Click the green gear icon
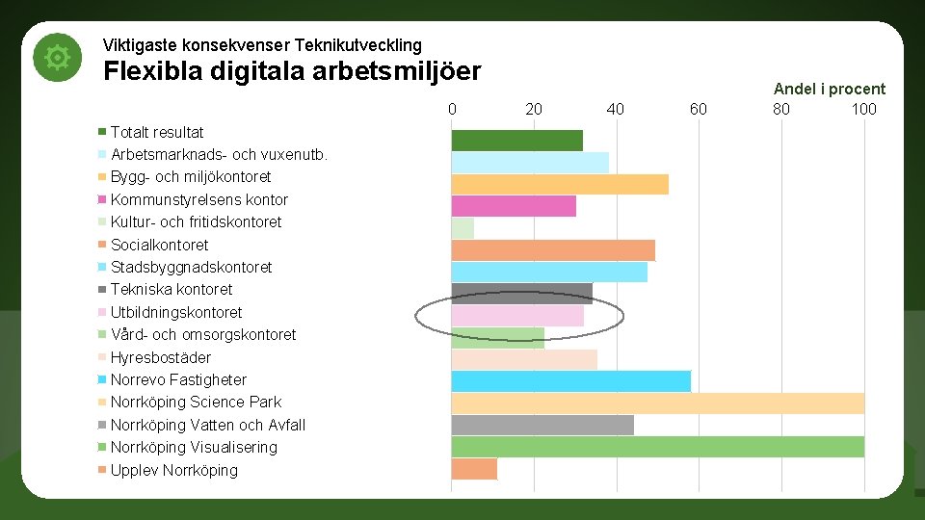coord(57,59)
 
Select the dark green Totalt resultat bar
coord(516,141)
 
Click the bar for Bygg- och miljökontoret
coord(560,184)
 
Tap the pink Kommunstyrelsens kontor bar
coord(514,206)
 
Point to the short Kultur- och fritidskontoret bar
coord(462,228)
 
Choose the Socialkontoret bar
coord(553,250)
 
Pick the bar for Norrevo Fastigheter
coord(570,380)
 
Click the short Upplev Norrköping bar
coord(474,469)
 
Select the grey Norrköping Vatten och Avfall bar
coord(542,425)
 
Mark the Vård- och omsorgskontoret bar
coord(497,337)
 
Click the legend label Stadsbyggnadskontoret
coord(191,267)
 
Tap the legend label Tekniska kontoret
coord(172,289)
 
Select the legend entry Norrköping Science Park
coord(196,402)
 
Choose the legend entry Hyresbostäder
coord(161,357)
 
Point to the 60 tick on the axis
coord(698,109)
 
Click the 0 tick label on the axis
coord(452,109)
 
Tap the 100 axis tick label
coord(863,109)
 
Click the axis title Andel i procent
coord(829,89)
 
